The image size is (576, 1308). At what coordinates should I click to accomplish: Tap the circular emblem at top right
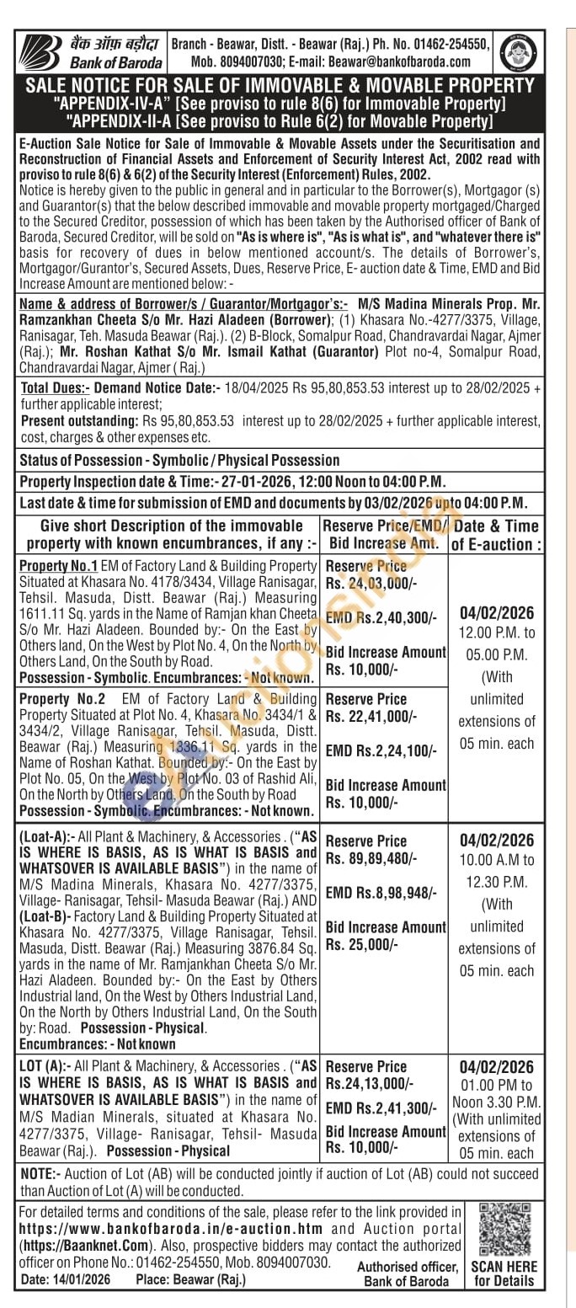(518, 52)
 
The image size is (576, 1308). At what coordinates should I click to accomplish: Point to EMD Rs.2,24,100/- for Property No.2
(381, 750)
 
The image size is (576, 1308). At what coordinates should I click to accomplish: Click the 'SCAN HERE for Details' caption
(504, 1273)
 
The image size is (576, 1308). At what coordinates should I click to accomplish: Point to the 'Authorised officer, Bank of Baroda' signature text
(408, 1273)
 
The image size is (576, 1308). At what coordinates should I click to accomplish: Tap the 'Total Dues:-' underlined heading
(54, 388)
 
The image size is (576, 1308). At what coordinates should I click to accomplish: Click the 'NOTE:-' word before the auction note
(39, 1174)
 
